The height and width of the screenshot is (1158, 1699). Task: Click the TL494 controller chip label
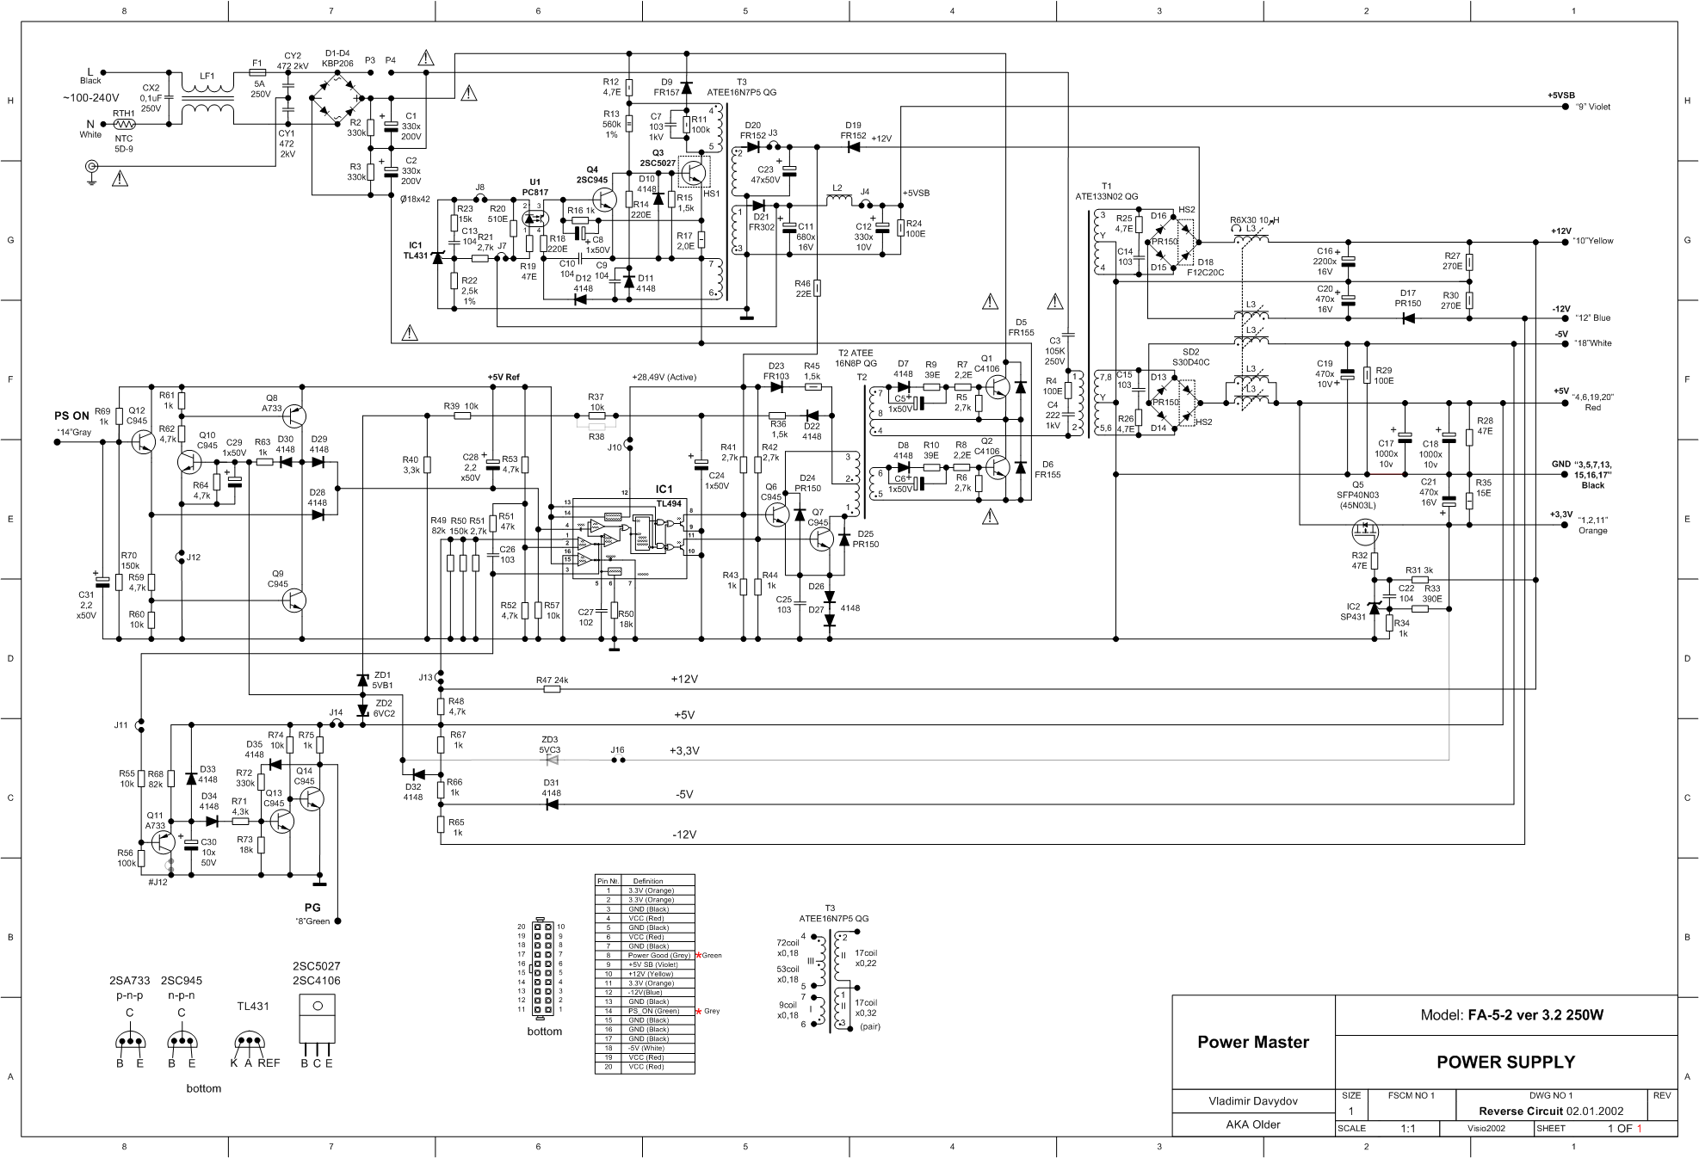668,502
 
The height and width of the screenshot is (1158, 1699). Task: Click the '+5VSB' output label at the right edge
1560,95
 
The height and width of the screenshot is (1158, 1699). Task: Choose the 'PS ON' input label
72,416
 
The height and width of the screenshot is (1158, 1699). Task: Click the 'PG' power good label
312,907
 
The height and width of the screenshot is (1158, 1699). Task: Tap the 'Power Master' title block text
1252,1042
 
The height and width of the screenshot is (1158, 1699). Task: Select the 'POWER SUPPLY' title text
1505,1062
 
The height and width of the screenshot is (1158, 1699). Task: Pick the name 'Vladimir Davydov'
1252,1101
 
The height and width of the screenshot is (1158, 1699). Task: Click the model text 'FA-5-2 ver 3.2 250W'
1535,1014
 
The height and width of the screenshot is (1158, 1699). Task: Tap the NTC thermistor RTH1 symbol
124,124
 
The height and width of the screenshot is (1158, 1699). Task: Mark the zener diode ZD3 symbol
552,761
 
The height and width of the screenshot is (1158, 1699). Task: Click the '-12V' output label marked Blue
1561,309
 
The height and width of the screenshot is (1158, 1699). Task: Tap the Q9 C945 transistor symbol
293,600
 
